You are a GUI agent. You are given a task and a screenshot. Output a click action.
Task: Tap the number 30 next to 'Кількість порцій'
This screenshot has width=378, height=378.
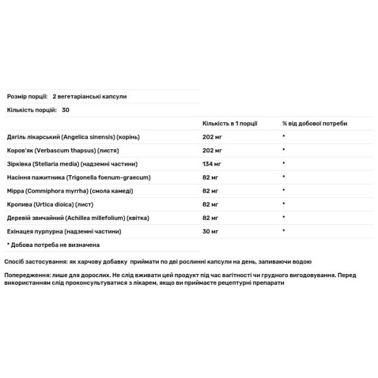click(66, 110)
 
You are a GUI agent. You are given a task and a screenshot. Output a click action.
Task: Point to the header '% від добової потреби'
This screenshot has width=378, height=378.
click(314, 123)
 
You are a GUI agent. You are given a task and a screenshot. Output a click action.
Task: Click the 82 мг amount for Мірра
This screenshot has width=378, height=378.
click(210, 190)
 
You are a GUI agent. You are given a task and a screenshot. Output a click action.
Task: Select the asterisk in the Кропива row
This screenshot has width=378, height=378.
click(284, 204)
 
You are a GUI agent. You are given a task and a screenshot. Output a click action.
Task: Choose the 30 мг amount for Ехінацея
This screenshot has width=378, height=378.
click(210, 231)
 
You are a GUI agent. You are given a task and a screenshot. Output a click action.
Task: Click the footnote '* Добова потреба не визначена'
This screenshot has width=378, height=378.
click(54, 244)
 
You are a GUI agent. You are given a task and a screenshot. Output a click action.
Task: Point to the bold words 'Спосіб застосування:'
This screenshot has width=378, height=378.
click(31, 261)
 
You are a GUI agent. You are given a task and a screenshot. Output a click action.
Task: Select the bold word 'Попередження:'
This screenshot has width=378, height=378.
click(27, 275)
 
